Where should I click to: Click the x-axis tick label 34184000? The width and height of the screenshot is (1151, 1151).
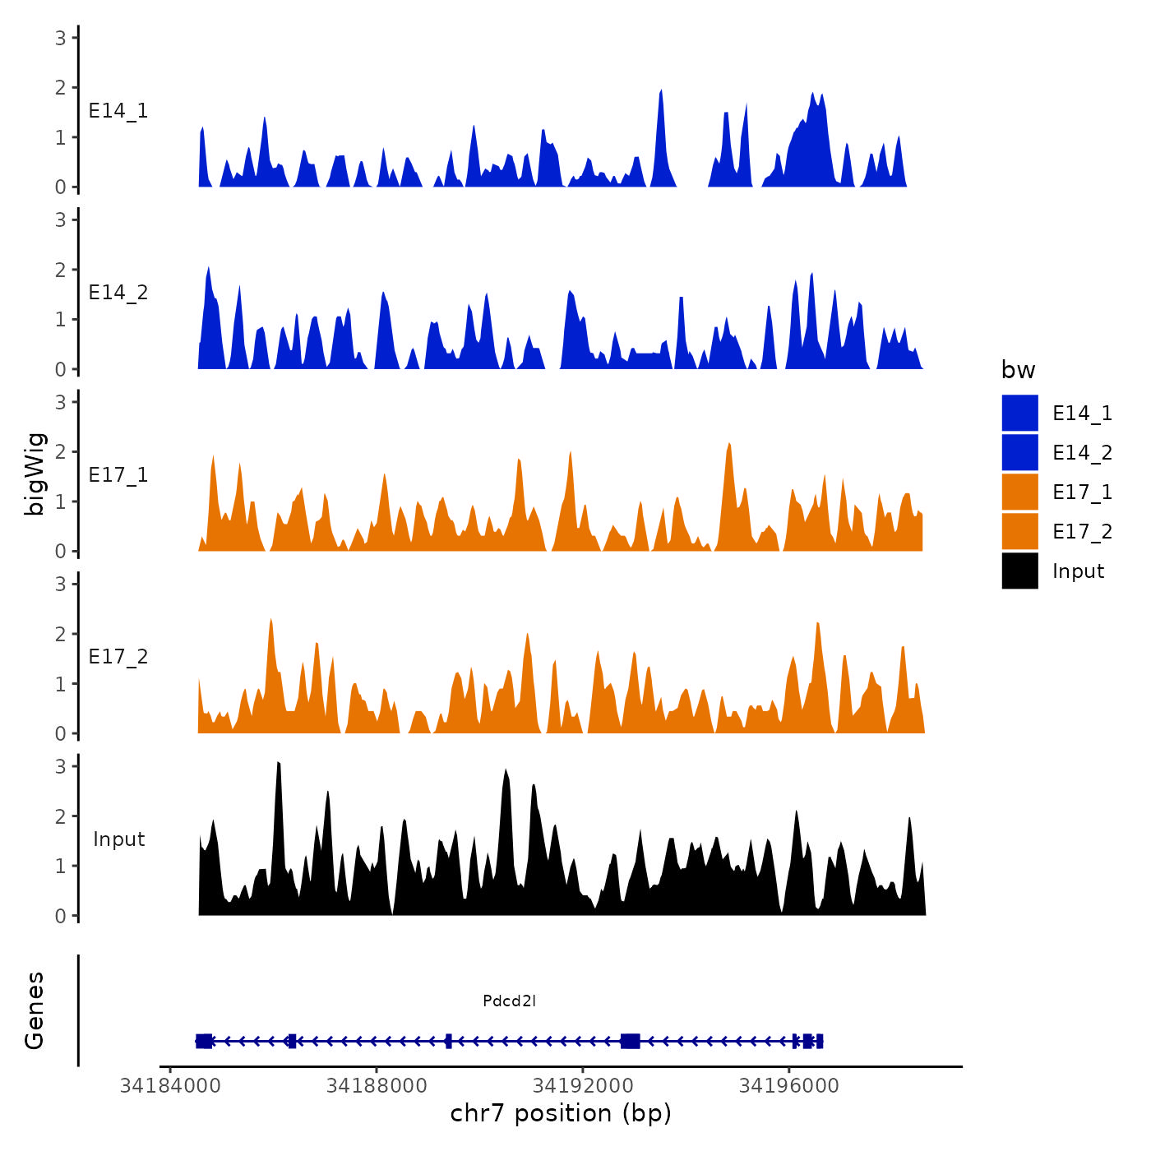point(170,1086)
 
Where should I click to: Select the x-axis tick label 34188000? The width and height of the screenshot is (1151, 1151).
point(377,1086)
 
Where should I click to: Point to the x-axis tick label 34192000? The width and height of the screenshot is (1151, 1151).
point(583,1086)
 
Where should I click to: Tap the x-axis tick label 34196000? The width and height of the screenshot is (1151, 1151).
point(789,1086)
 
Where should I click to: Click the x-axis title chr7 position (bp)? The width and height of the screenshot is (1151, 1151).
point(561,1114)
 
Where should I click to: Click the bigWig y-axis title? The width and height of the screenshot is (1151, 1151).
point(35,474)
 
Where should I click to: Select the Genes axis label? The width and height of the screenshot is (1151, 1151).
point(35,1010)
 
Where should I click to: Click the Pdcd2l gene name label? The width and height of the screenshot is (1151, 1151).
point(509,1001)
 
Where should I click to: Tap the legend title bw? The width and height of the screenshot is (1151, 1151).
point(1018,371)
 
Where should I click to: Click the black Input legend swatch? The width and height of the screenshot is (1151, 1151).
point(1019,571)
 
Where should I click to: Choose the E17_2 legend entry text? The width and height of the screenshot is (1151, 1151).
point(1082,532)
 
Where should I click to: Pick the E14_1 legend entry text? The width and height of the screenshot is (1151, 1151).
point(1082,414)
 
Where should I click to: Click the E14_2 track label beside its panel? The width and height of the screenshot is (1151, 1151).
point(118,293)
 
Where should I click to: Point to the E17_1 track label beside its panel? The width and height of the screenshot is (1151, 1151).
point(118,475)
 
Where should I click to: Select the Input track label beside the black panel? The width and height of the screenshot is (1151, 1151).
point(118,839)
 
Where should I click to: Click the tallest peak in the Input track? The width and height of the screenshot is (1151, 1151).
point(279,765)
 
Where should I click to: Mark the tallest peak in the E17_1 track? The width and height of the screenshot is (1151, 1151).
point(728,445)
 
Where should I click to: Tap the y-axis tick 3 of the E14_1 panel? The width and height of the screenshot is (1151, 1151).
point(61,37)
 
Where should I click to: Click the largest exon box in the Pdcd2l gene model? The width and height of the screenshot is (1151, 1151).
point(631,1041)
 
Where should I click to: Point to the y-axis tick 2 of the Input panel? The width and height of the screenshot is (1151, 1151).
point(61,816)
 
